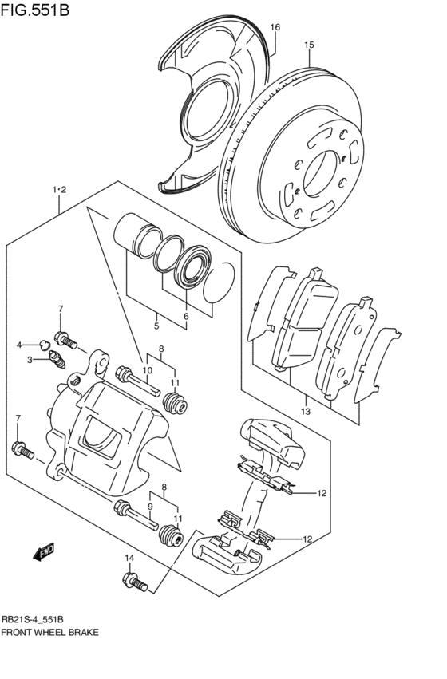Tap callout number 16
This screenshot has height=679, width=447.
(275, 27)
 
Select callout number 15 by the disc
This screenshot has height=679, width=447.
(308, 45)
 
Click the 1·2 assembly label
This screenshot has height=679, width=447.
(58, 190)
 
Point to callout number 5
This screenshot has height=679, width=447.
(156, 326)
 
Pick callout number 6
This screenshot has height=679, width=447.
(185, 317)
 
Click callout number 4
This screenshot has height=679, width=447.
(19, 345)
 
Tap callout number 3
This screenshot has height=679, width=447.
(30, 361)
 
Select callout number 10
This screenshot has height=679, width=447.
(147, 370)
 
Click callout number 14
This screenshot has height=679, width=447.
(129, 558)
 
